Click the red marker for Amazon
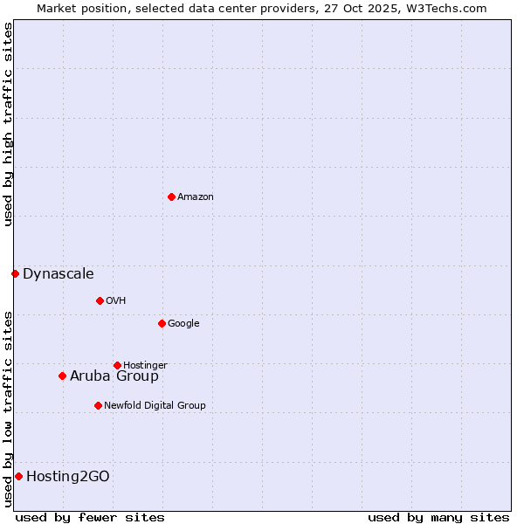pyautogui.click(x=171, y=196)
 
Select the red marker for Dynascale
pyautogui.click(x=15, y=273)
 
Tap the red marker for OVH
pyautogui.click(x=100, y=300)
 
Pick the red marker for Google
pyautogui.click(x=162, y=323)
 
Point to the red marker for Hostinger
pyautogui.click(x=117, y=365)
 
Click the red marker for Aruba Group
pyautogui.click(x=62, y=376)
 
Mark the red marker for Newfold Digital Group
pyautogui.click(x=98, y=405)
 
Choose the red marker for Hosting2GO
pyautogui.click(x=18, y=476)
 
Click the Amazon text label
pyautogui.click(x=196, y=196)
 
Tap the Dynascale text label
pyautogui.click(x=59, y=274)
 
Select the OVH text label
pyautogui.click(x=116, y=300)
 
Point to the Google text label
pyautogui.click(x=183, y=323)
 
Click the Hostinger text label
pyautogui.click(x=145, y=365)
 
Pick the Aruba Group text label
pyautogui.click(x=114, y=376)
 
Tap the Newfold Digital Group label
pyautogui.click(x=155, y=405)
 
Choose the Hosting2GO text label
pyautogui.click(x=68, y=477)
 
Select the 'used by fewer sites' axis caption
pyautogui.click(x=90, y=517)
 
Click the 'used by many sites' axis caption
pyautogui.click(x=438, y=517)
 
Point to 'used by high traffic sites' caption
pyautogui.click(x=8, y=124)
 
